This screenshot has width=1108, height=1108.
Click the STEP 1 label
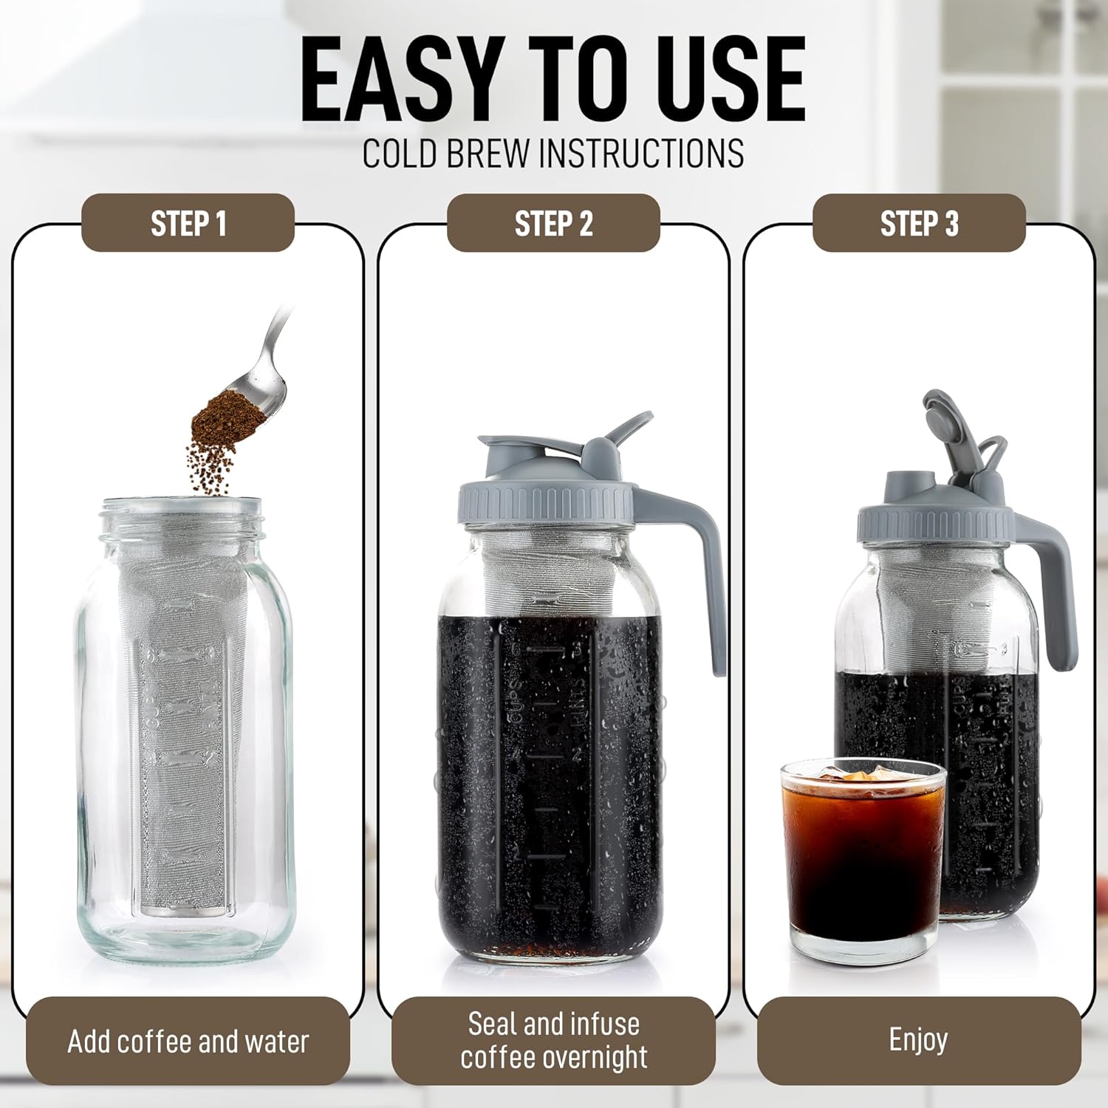pos(188,223)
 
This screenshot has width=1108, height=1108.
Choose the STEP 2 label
pos(554,223)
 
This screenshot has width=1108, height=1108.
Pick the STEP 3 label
pos(920,223)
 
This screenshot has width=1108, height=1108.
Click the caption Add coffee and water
pos(188,1042)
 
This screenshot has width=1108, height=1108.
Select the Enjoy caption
pos(918,1040)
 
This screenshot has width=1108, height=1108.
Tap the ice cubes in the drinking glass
pos(861,776)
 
